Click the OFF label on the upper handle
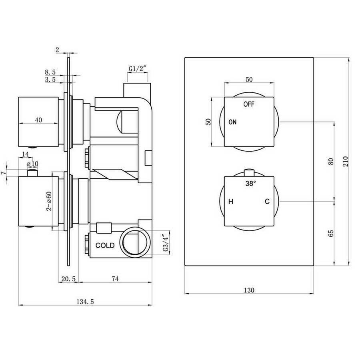click(x=249, y=104)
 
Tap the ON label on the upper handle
click(x=232, y=122)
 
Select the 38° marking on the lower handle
click(x=250, y=184)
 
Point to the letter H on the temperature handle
click(x=231, y=202)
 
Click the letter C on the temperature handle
click(x=267, y=202)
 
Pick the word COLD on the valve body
click(x=105, y=246)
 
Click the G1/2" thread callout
click(x=138, y=69)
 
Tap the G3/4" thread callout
click(x=166, y=243)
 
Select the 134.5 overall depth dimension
click(x=85, y=302)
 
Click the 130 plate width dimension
click(x=249, y=290)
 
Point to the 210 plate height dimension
click(x=346, y=161)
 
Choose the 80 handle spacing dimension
click(x=331, y=162)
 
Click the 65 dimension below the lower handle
click(x=331, y=233)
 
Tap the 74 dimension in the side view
click(x=115, y=279)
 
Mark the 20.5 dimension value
click(x=68, y=279)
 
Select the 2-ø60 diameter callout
click(x=49, y=201)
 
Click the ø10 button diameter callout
click(x=32, y=164)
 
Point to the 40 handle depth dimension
click(x=38, y=120)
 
